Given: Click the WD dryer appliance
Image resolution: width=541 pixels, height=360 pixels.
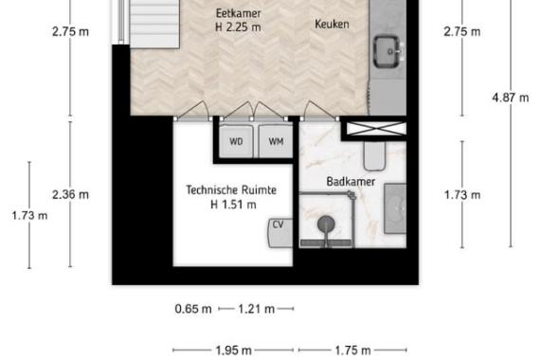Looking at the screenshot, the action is (x=236, y=141).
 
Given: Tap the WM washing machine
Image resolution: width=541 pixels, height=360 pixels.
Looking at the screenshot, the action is (x=276, y=141).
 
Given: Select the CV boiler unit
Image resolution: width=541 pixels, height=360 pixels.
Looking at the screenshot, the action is (x=280, y=233).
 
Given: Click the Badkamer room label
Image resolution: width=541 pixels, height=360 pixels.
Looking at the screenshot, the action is (x=351, y=182).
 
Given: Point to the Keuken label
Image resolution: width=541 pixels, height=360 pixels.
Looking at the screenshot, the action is (x=332, y=24).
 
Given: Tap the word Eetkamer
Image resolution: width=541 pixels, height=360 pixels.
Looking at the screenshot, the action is (x=238, y=13).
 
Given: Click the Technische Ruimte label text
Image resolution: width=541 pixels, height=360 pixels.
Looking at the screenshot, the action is (x=231, y=190).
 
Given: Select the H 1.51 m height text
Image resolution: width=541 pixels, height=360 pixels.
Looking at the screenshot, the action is (x=233, y=205).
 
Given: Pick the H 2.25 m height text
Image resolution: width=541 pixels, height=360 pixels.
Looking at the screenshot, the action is (x=238, y=27).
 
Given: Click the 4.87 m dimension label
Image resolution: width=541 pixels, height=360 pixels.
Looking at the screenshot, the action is (x=511, y=98).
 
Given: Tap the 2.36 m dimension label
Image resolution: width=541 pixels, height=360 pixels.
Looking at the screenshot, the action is (x=70, y=194).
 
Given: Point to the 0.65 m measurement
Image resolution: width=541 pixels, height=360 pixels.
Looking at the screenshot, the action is (x=193, y=309).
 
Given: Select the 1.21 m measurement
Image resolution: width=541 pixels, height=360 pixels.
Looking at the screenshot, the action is (x=257, y=309).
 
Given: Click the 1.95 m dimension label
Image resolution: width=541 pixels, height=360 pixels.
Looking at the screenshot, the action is (x=233, y=351).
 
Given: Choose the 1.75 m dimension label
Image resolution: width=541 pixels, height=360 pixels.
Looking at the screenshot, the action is (x=353, y=351).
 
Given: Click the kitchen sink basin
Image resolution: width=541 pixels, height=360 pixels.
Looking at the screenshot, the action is (x=388, y=51).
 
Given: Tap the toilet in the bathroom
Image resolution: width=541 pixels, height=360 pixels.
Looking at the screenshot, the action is (x=374, y=156).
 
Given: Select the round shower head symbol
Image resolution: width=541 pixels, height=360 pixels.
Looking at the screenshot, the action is (x=326, y=224).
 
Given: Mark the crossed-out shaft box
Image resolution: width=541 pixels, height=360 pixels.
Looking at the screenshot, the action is (x=376, y=129).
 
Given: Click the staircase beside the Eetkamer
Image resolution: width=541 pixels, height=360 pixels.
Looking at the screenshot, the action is (x=154, y=24).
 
